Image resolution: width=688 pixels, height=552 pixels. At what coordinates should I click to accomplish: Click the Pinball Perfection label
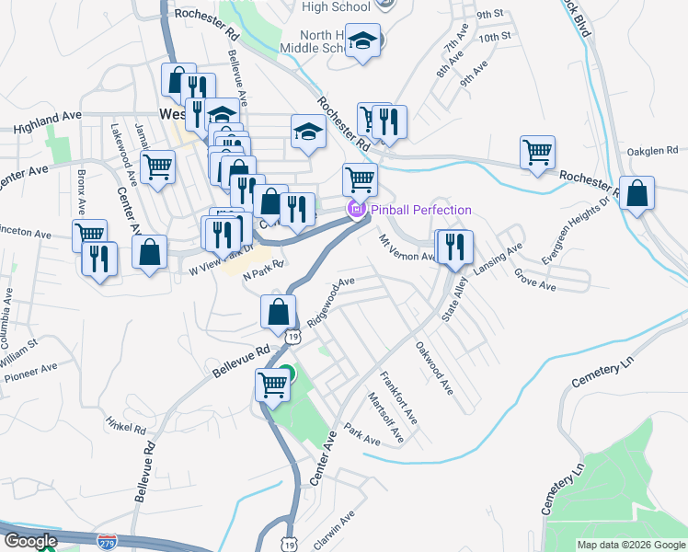pyautogui.click(x=421, y=210)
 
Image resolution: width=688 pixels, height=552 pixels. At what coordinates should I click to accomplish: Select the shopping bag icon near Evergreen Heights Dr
pyautogui.click(x=636, y=194)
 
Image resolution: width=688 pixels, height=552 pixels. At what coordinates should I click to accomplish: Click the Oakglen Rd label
pyautogui.click(x=652, y=150)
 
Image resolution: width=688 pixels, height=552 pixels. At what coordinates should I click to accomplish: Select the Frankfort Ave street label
pyautogui.click(x=399, y=397)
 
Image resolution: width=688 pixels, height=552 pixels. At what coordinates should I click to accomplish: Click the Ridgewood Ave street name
pyautogui.click(x=331, y=300)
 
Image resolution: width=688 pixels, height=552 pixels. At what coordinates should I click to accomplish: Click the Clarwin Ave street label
pyautogui.click(x=334, y=531)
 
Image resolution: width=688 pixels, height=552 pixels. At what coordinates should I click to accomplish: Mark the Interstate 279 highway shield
pyautogui.click(x=108, y=542)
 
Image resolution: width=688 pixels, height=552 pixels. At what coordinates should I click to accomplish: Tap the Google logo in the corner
pyautogui.click(x=29, y=541)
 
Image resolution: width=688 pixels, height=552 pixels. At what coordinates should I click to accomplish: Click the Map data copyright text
pyautogui.click(x=630, y=545)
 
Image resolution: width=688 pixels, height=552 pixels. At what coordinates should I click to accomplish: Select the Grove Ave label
pyautogui.click(x=535, y=280)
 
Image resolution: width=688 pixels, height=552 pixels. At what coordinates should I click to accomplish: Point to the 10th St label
pyautogui.click(x=494, y=37)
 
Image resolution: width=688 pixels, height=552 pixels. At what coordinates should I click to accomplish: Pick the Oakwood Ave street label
pyautogui.click(x=433, y=369)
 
